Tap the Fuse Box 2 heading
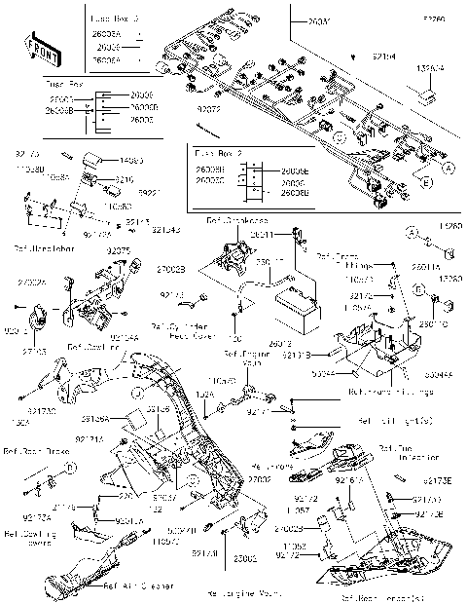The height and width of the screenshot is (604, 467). click(x=216, y=154)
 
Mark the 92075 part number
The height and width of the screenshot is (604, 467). click(x=119, y=251)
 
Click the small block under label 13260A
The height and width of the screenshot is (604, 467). click(x=425, y=96)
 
